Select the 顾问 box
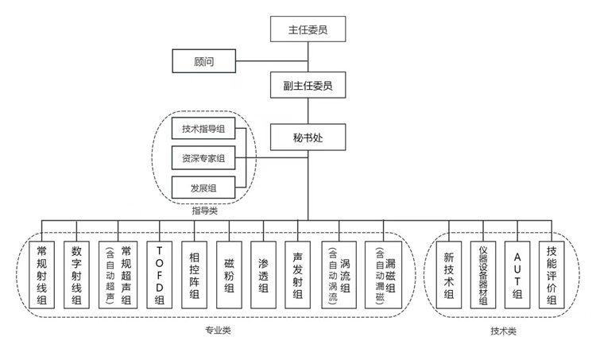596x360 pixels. [203, 60]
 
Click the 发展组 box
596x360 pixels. [203, 188]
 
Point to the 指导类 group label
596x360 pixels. [204, 211]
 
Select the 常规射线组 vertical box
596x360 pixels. [42, 275]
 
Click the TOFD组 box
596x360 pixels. [160, 275]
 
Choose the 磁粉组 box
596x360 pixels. [229, 275]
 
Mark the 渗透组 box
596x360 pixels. [263, 275]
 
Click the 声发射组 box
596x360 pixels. [297, 275]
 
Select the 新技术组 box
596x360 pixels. [448, 275]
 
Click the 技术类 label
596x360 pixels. [503, 329]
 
